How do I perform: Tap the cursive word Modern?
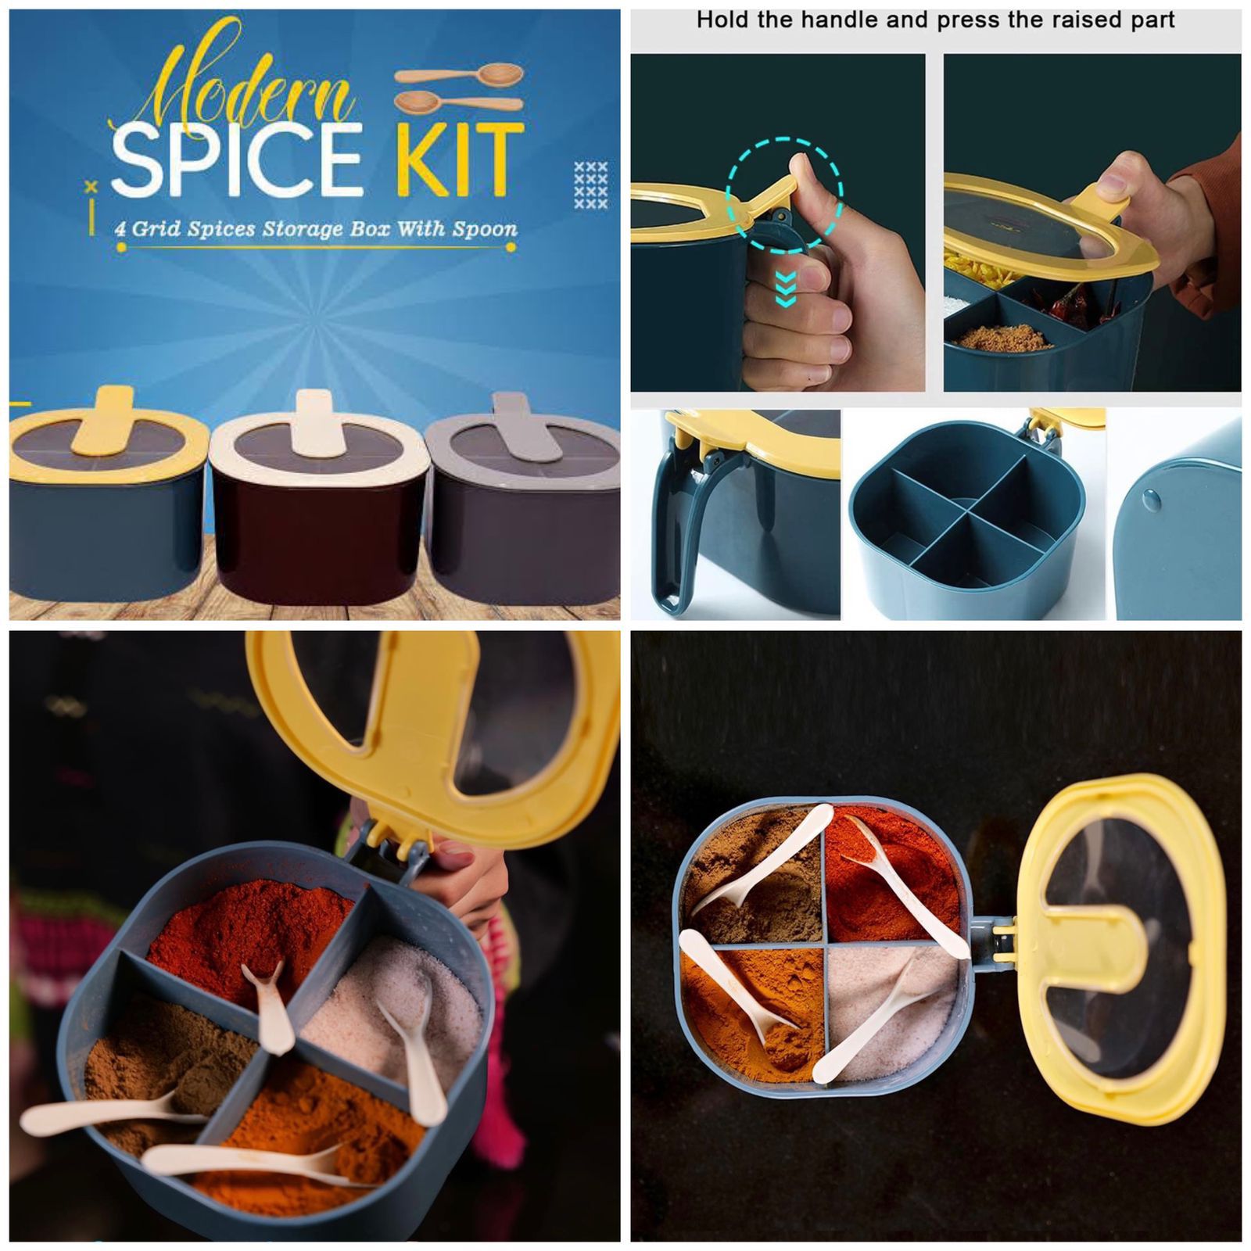(250, 90)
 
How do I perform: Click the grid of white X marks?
(590, 185)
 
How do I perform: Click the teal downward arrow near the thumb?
(785, 289)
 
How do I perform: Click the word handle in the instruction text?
(859, 20)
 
